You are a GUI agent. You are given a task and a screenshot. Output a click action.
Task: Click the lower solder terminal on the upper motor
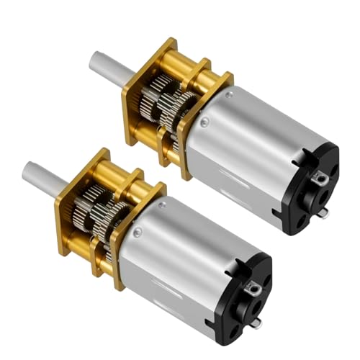[322, 213]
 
